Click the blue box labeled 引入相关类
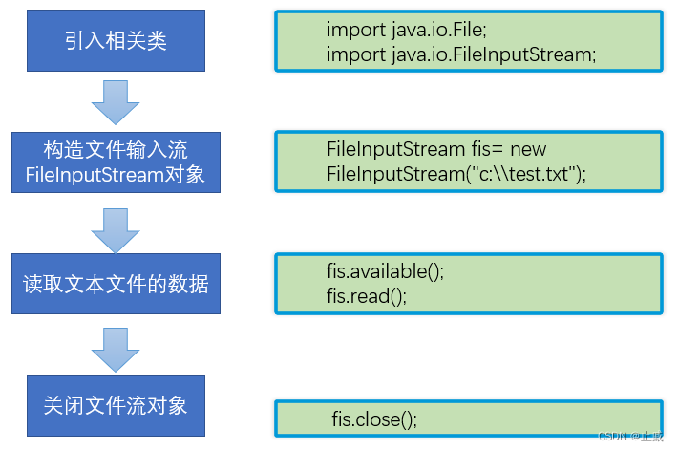coord(116,41)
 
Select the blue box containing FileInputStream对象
coord(116,162)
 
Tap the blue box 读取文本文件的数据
coord(116,284)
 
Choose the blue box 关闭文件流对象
coord(116,404)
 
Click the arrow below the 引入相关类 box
coord(116,102)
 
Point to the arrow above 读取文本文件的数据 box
coord(116,224)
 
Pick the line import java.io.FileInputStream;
coord(461,54)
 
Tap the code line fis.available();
coord(386,271)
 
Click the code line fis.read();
coord(367,296)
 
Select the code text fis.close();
coord(374,419)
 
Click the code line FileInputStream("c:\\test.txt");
coord(456,174)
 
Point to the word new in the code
coord(528,149)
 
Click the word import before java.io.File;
coord(356,30)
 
